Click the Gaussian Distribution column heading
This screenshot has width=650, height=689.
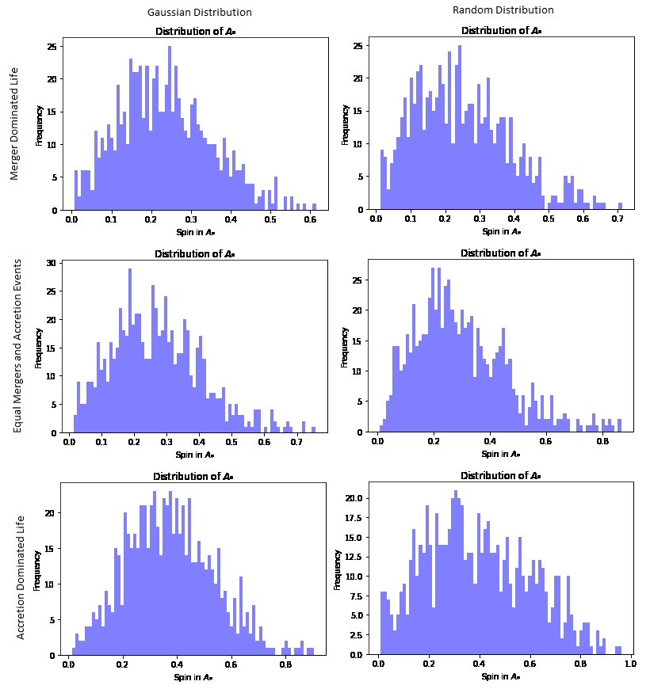(x=200, y=13)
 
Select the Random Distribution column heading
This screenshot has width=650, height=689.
(x=503, y=10)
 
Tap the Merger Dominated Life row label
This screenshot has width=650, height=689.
(x=14, y=124)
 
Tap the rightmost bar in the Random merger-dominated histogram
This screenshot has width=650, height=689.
(x=620, y=207)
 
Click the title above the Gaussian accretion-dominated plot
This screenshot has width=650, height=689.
(x=194, y=477)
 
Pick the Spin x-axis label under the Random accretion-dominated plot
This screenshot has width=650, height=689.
(x=500, y=677)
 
